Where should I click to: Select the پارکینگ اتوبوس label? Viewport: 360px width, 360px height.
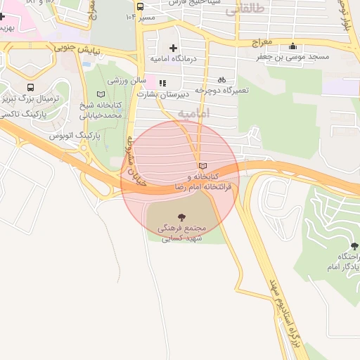[79, 133]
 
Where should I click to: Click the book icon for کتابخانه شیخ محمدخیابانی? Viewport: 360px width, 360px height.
[100, 94]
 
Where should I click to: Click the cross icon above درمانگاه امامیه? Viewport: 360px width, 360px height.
[173, 48]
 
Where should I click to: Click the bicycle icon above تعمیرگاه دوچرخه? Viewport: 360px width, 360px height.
[222, 80]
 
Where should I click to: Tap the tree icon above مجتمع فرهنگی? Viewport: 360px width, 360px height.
[182, 217]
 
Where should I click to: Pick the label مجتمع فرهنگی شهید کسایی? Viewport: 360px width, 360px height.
[182, 233]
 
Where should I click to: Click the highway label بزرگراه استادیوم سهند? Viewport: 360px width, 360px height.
[281, 302]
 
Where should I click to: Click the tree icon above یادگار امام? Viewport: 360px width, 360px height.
[353, 246]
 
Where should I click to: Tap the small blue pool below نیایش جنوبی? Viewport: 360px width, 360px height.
[86, 63]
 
